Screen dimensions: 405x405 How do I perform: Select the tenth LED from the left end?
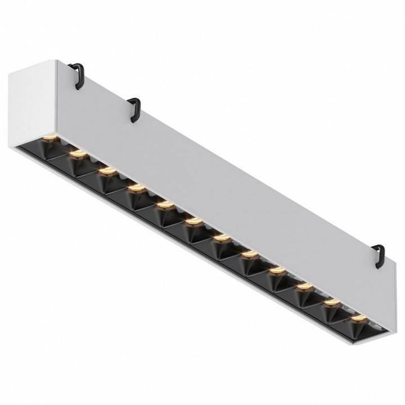coord(304,286)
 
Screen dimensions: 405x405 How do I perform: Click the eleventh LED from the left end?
coord(332,303)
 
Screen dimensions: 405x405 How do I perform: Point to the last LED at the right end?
coord(356,318)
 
